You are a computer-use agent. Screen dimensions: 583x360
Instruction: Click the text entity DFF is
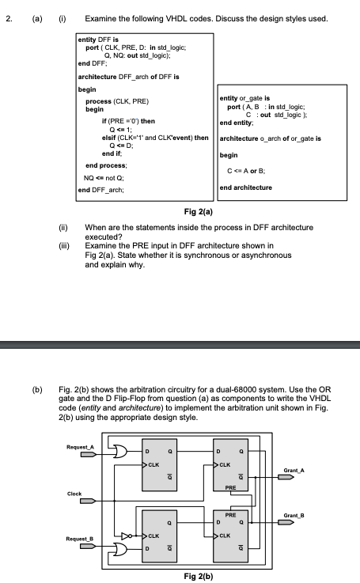click(x=98, y=37)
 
